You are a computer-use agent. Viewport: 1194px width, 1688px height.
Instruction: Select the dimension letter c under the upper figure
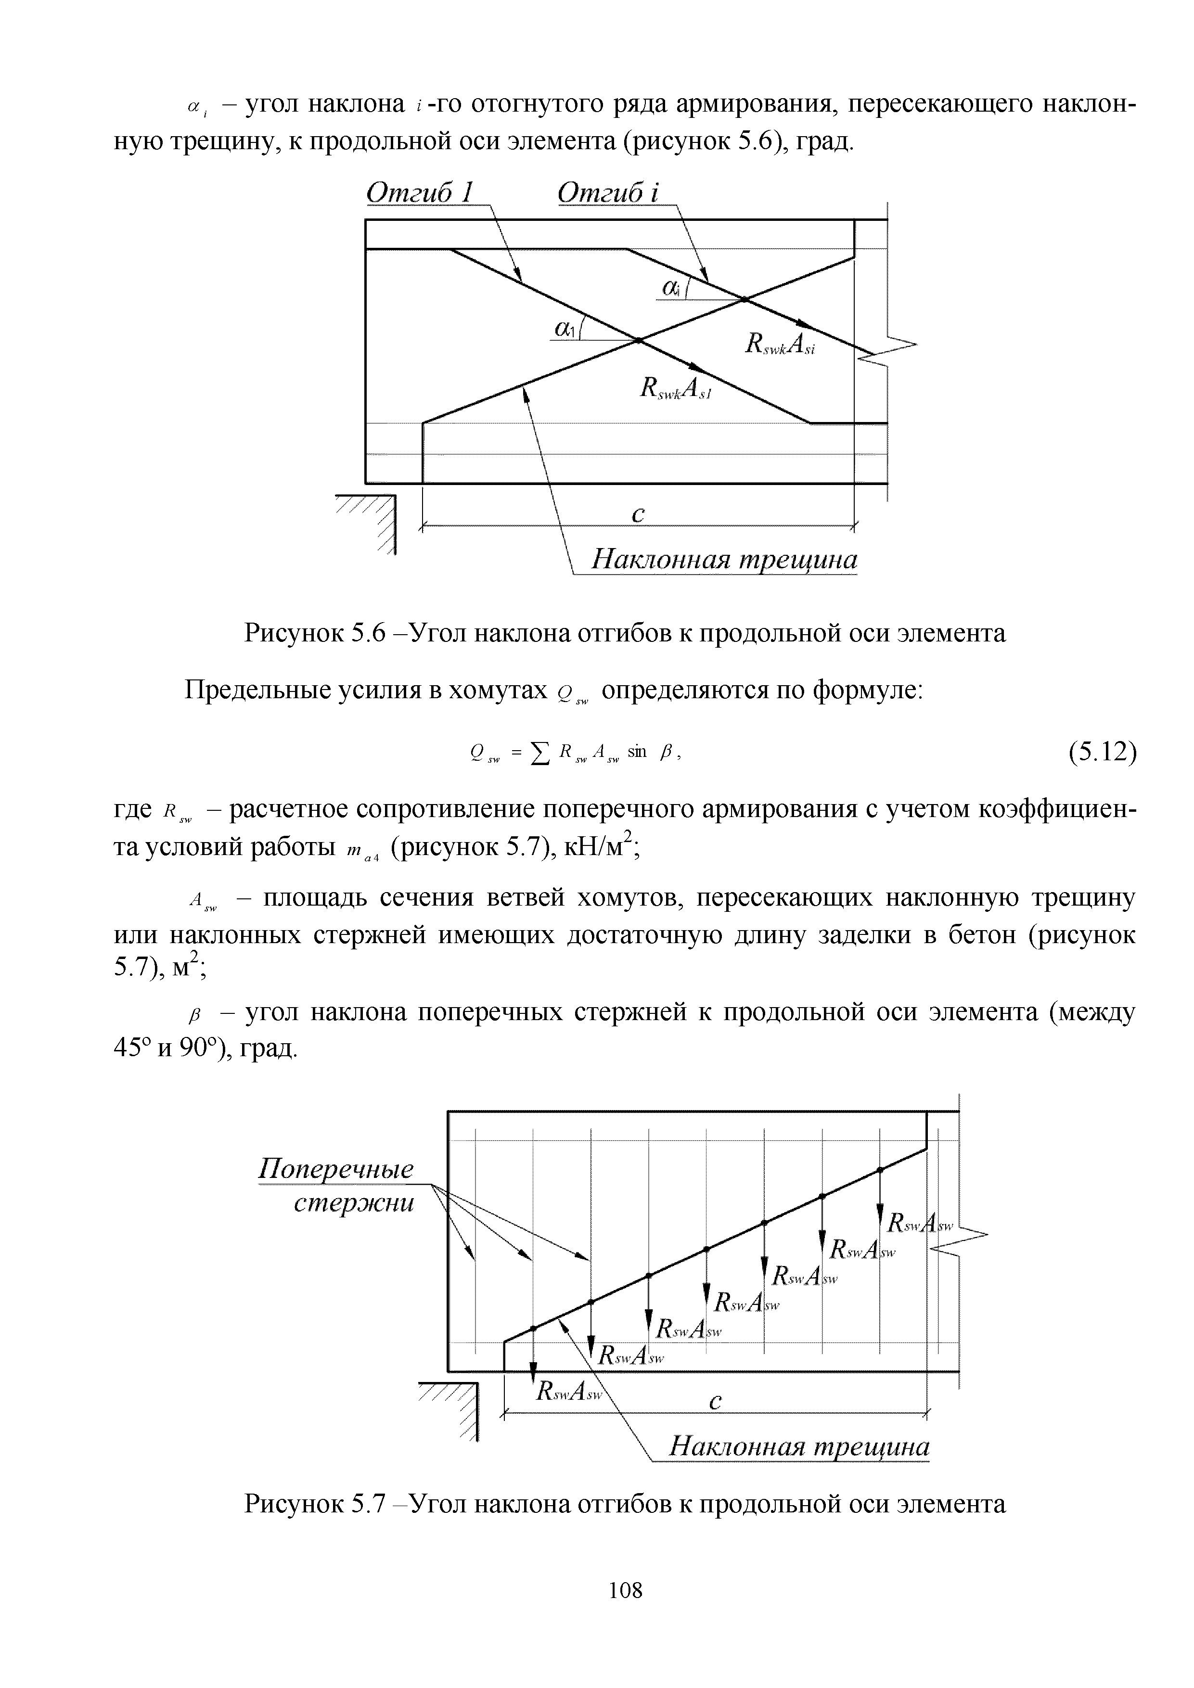tap(638, 515)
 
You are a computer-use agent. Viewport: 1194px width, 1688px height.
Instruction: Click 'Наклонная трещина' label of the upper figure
tap(725, 560)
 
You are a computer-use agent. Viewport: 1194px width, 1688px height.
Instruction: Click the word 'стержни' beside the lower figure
tap(354, 1203)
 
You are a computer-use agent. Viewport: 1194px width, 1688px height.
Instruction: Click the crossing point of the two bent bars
tap(638, 340)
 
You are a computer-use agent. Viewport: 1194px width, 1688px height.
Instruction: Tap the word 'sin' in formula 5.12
tap(637, 751)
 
